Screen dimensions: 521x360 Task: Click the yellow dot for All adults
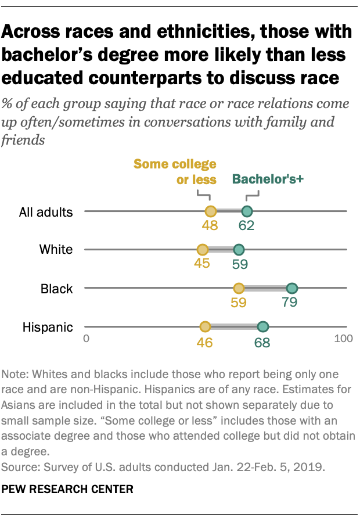(x=210, y=211)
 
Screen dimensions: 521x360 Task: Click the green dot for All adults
(x=247, y=211)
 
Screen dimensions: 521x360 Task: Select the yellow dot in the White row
(x=203, y=250)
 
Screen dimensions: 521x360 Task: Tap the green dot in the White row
(x=239, y=250)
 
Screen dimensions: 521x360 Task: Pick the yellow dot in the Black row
(x=239, y=288)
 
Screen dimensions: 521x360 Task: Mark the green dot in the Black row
(x=291, y=288)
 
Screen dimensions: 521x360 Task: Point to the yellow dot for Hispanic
(x=205, y=327)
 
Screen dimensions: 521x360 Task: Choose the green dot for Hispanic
(x=263, y=327)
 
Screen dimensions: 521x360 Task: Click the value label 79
(x=291, y=303)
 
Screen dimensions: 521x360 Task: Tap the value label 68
(x=263, y=342)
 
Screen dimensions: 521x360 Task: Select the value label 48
(x=210, y=226)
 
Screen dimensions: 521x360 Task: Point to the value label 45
(x=203, y=264)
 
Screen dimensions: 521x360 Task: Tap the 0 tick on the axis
(x=87, y=339)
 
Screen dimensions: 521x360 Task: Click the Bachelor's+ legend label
(x=269, y=180)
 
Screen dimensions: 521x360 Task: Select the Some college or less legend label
(x=175, y=171)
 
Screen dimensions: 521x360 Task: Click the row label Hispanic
(x=48, y=327)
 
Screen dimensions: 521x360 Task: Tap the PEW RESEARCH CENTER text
(x=67, y=490)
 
